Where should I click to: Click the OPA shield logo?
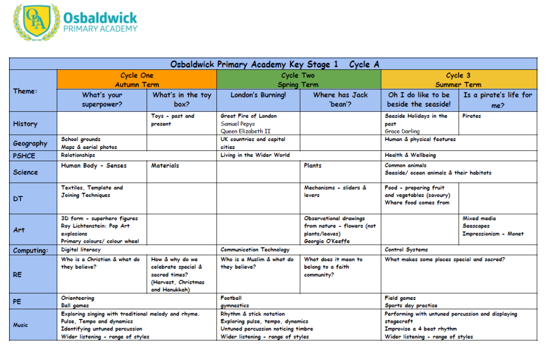(x=36, y=22)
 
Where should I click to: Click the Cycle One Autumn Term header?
(x=137, y=80)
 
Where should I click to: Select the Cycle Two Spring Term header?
(x=298, y=80)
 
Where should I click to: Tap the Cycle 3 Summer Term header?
(x=458, y=80)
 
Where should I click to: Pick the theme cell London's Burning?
(x=258, y=95)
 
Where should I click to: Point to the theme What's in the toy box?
(x=182, y=100)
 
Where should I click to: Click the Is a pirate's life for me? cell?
(x=498, y=100)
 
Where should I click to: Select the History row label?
(x=25, y=124)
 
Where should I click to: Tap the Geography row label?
(x=30, y=144)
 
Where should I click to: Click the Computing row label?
(x=31, y=251)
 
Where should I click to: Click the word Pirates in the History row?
(x=471, y=116)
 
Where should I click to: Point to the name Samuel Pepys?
(x=238, y=124)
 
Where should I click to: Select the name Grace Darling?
(x=402, y=131)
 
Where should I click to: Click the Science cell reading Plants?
(x=313, y=166)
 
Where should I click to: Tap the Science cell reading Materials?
(x=165, y=166)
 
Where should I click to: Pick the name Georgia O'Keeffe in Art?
(x=327, y=241)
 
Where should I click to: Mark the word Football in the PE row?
(x=231, y=298)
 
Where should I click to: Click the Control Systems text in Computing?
(x=406, y=250)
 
